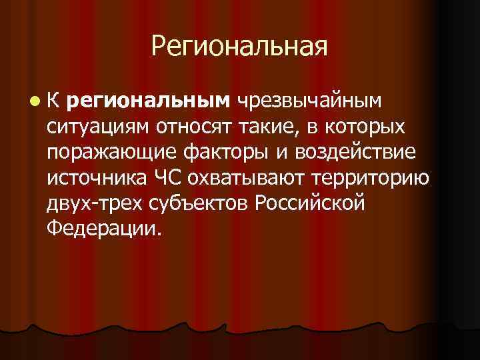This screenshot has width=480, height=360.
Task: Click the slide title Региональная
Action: pos(239,47)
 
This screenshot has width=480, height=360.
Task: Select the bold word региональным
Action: pos(148,101)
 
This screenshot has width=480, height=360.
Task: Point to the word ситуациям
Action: pos(99,127)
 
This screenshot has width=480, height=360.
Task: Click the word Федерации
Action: pos(104,229)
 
